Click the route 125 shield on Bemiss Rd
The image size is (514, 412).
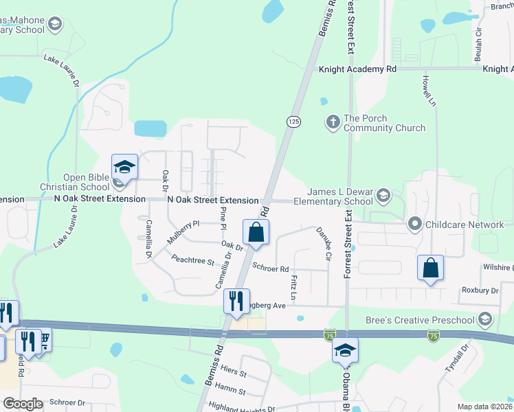tap(293, 121)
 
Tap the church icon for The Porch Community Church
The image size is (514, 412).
tap(333, 122)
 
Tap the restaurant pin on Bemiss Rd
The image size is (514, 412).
tap(236, 301)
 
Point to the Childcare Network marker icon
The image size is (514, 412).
tap(414, 225)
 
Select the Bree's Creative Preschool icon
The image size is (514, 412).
tap(486, 319)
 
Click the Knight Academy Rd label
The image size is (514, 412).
tap(358, 69)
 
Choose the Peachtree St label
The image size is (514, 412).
tap(193, 261)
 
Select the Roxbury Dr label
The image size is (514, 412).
tap(480, 291)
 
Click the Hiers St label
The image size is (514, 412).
tap(234, 371)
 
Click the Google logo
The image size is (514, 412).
tap(23, 404)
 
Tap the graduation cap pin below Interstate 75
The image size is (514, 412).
tap(345, 350)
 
